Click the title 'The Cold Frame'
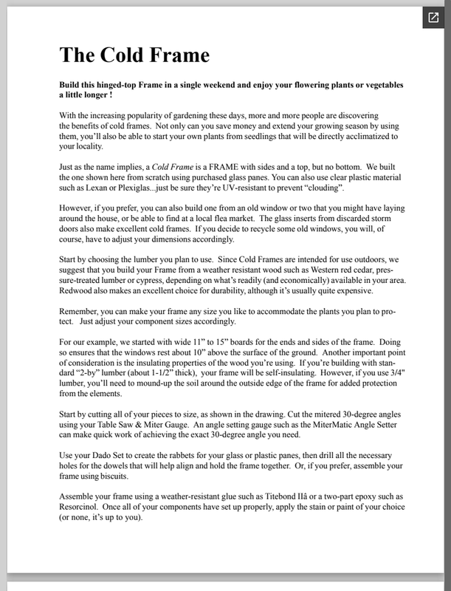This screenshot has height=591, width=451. [134, 54]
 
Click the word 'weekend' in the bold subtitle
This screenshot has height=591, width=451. [255, 86]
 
